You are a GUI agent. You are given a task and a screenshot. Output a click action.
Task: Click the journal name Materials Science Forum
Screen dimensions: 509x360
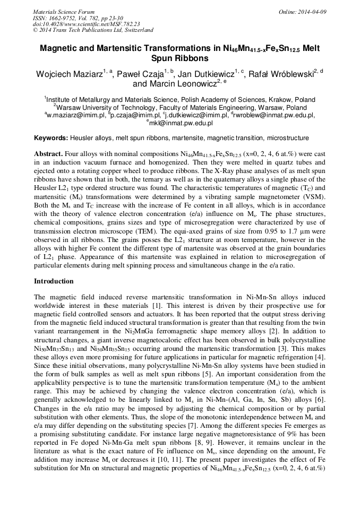point(64,12)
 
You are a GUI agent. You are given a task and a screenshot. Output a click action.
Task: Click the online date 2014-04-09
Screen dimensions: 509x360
point(312,12)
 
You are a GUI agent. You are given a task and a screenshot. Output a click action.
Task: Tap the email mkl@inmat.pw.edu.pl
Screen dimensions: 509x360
point(181,123)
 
